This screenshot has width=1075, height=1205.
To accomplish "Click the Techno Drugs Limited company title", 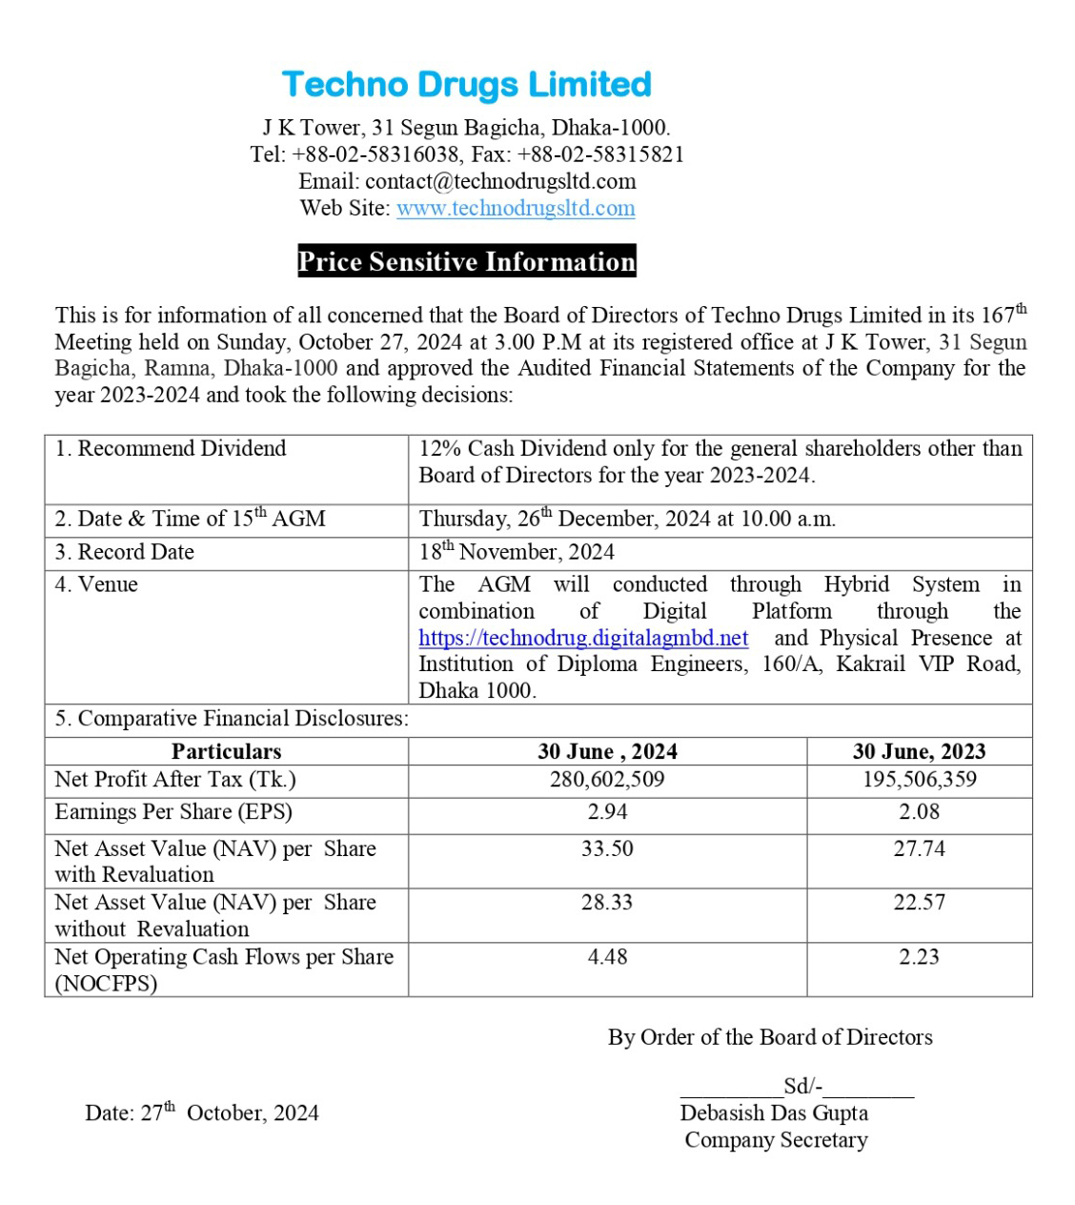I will click(466, 84).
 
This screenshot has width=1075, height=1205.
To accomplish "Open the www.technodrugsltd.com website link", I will click(516, 208).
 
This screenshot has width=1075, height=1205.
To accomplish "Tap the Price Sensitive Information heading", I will click(466, 261).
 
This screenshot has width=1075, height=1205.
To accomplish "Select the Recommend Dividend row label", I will click(171, 448).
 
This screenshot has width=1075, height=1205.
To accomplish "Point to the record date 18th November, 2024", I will click(517, 552).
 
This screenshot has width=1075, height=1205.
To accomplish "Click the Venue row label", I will click(96, 584).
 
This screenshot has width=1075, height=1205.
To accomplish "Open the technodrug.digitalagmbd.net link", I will click(583, 638).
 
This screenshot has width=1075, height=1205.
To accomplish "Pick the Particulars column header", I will click(226, 751).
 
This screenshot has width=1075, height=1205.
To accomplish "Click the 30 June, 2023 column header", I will click(919, 751).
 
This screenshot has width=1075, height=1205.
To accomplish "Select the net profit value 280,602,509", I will click(607, 779).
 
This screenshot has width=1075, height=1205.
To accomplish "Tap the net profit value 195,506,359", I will click(919, 779).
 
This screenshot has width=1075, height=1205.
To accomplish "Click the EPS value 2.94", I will click(607, 812).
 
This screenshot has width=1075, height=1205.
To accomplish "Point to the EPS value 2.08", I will click(919, 812).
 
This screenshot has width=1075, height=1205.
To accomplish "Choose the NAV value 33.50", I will click(607, 848).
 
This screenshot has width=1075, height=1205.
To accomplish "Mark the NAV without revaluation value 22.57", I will click(919, 902).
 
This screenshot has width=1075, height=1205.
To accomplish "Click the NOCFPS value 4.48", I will click(607, 956).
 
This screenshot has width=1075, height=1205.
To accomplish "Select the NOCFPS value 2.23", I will click(919, 956).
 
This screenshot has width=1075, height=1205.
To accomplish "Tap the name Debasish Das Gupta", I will click(774, 1113).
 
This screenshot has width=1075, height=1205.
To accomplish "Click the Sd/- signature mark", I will click(802, 1086).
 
